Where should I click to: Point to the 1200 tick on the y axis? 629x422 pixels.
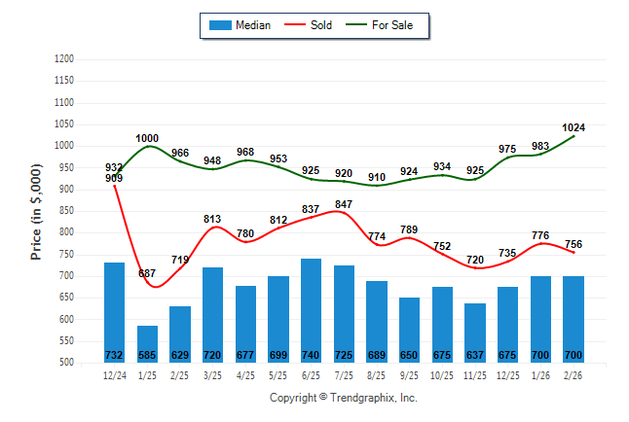pos(65,59)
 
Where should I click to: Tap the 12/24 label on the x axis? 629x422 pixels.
pos(115,374)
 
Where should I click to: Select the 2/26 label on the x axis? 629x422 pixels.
pos(573,374)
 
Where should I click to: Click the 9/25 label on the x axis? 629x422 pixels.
pos(410,374)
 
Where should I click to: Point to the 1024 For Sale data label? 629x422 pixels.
pos(573,127)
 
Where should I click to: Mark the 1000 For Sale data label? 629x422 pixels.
pos(147,138)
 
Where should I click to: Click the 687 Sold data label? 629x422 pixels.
pos(147,273)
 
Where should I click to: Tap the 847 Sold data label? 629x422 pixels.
pos(344,204)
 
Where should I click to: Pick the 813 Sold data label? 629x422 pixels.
pos(213,219)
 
